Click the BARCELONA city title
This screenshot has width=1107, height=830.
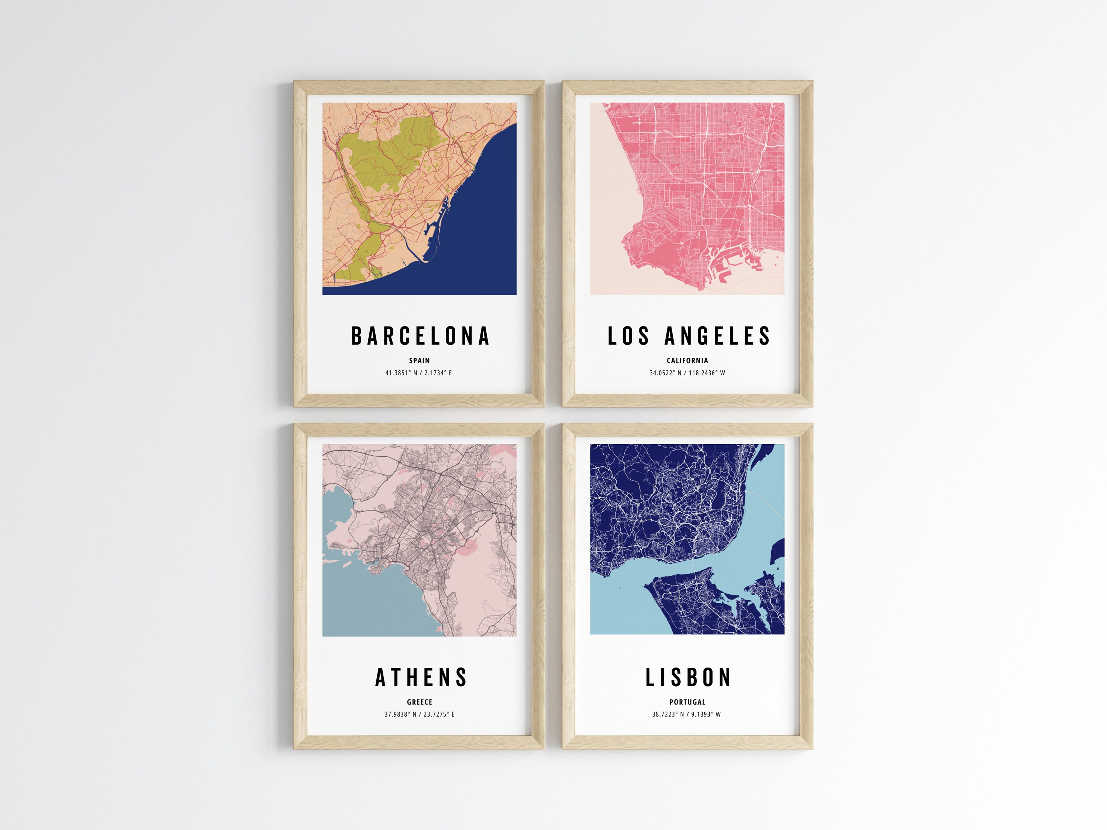[x=420, y=336]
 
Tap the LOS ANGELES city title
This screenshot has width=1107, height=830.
[x=689, y=336]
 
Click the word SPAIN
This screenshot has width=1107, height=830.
[x=420, y=360]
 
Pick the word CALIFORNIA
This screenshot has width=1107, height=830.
[x=687, y=360]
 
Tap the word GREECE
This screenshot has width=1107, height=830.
[x=420, y=702]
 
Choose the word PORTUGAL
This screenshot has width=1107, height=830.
[x=687, y=702]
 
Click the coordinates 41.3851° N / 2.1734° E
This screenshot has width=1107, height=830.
[x=418, y=373]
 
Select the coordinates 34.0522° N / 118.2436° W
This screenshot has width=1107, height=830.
[x=687, y=373]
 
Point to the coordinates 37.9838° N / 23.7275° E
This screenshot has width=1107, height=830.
[x=420, y=715]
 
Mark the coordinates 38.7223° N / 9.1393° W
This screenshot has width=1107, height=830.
[x=686, y=715]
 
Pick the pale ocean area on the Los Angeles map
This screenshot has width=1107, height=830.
[x=608, y=200]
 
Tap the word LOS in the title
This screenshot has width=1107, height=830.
[x=628, y=336]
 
